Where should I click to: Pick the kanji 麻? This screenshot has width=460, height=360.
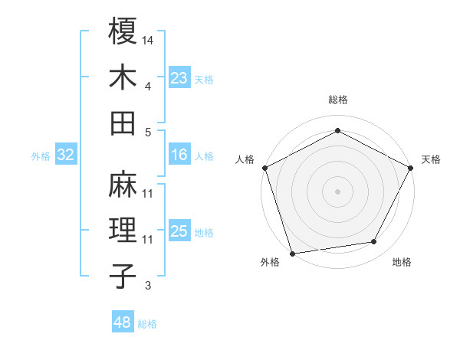click(x=123, y=184)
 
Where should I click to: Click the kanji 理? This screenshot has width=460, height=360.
click(x=123, y=230)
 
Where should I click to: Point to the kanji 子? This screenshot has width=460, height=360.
click(x=123, y=276)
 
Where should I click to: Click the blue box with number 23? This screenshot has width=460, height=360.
click(x=179, y=77)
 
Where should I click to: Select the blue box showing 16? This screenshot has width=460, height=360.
click(x=179, y=155)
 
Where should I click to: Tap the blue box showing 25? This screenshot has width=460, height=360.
click(x=179, y=231)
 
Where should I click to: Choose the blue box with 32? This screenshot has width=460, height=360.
click(x=65, y=155)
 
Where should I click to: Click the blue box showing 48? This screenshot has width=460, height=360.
click(x=122, y=322)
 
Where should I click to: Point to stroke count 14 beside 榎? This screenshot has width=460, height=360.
click(x=149, y=39)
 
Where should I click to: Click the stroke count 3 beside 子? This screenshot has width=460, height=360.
click(x=148, y=286)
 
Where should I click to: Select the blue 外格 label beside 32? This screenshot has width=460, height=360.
click(x=41, y=155)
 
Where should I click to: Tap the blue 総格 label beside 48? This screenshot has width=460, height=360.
click(x=147, y=324)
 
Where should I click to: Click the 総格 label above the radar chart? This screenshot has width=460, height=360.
click(x=337, y=100)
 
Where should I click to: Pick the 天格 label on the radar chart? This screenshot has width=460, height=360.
click(x=431, y=159)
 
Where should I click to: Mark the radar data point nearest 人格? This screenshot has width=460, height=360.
click(x=265, y=168)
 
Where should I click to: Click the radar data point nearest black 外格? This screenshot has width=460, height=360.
click(x=292, y=253)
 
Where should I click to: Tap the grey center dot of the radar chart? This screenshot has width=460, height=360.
click(x=337, y=191)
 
